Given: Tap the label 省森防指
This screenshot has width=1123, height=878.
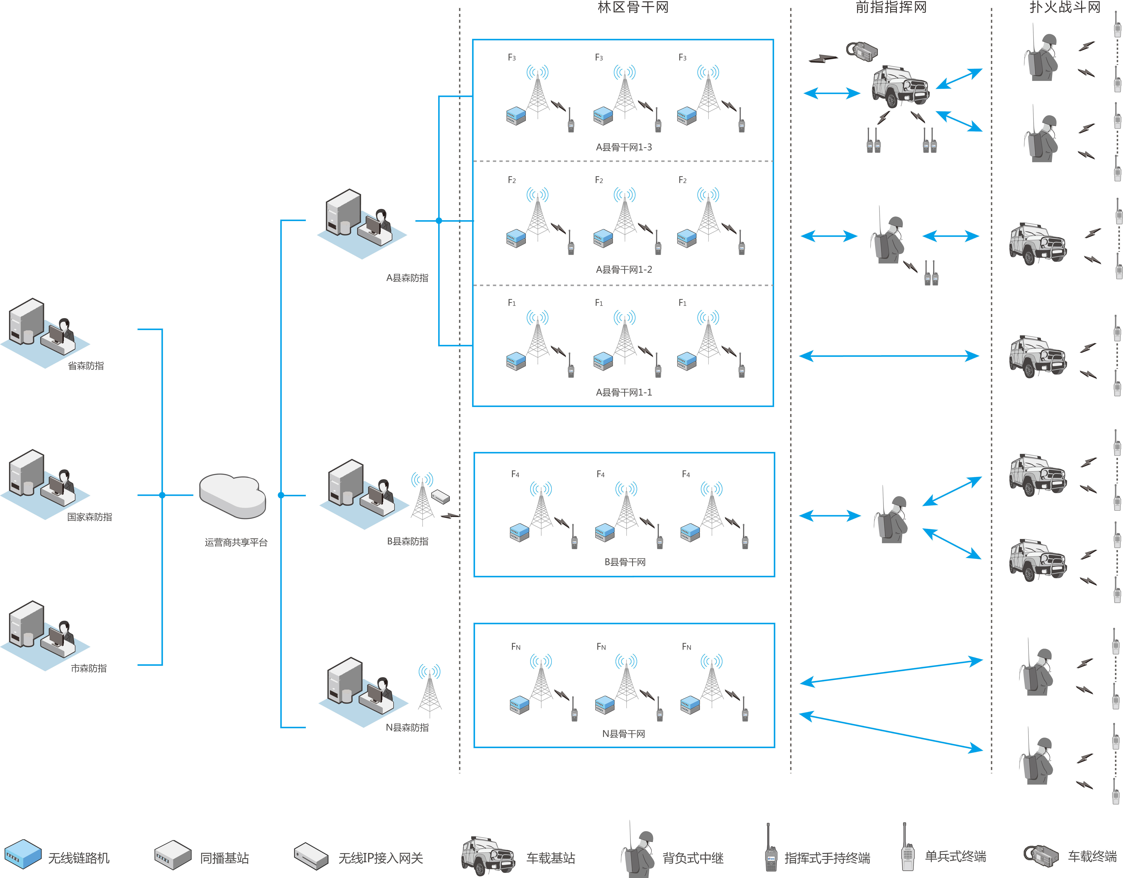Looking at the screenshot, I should tap(86, 366).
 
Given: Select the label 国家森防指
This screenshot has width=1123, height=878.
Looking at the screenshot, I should tap(89, 517).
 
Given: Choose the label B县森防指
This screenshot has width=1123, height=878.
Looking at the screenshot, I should tap(407, 541).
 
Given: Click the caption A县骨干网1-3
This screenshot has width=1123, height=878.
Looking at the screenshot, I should tap(624, 147).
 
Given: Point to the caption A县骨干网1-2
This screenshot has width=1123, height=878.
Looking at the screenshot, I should tap(624, 269).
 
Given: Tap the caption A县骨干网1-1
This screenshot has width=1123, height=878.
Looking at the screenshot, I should tap(624, 392).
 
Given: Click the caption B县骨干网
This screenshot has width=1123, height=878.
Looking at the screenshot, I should tap(625, 562).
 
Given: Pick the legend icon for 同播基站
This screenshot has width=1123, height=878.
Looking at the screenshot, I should tap(173, 854).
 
